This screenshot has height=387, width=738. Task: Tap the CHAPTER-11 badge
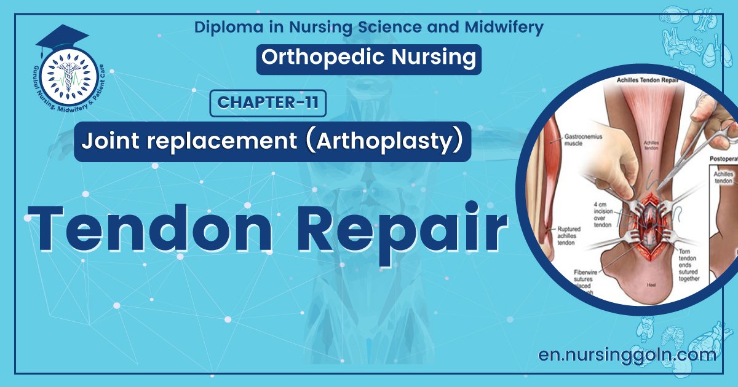[268, 103]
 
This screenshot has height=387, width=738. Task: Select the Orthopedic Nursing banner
[368, 57]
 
